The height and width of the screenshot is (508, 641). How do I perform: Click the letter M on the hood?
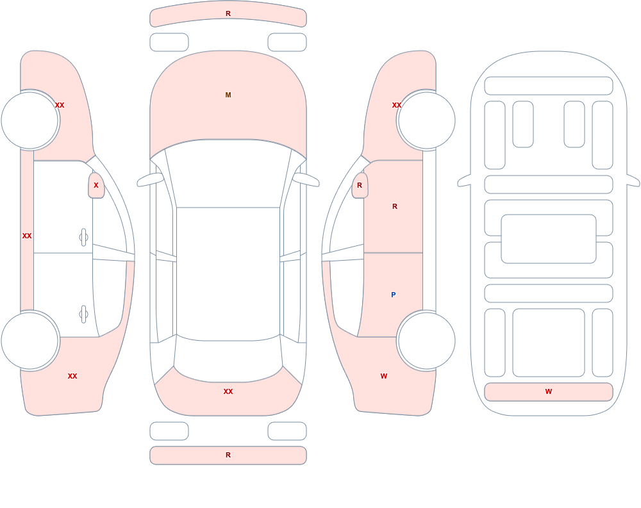pos(228,95)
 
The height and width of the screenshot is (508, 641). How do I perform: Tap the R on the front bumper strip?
pos(228,13)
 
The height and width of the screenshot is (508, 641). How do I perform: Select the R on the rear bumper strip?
pos(228,455)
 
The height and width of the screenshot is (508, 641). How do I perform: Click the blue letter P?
pos(394,295)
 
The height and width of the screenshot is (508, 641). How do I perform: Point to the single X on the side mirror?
pos(96,185)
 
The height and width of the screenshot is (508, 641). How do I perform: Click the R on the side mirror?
pos(360,185)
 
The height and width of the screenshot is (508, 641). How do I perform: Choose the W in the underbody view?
pos(549,391)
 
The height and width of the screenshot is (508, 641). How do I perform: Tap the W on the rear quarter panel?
pos(384,376)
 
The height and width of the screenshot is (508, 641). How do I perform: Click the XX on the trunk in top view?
pos(228,391)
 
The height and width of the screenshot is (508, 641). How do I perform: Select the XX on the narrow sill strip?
pos(27,236)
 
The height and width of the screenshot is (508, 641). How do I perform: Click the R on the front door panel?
pos(395,206)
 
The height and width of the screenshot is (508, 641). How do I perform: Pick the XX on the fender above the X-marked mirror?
pos(60,105)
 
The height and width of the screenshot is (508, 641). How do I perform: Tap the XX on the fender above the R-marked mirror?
pos(397,105)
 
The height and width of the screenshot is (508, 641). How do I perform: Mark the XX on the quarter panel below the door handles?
pos(72,376)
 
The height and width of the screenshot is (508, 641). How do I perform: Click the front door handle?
pos(83,238)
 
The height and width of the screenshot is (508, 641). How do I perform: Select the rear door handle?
pos(83,315)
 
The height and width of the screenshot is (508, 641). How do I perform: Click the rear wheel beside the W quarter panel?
pos(426,340)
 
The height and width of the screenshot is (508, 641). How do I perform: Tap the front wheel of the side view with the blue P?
pos(426,120)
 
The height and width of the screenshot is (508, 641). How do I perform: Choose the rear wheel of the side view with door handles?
pos(30,340)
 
